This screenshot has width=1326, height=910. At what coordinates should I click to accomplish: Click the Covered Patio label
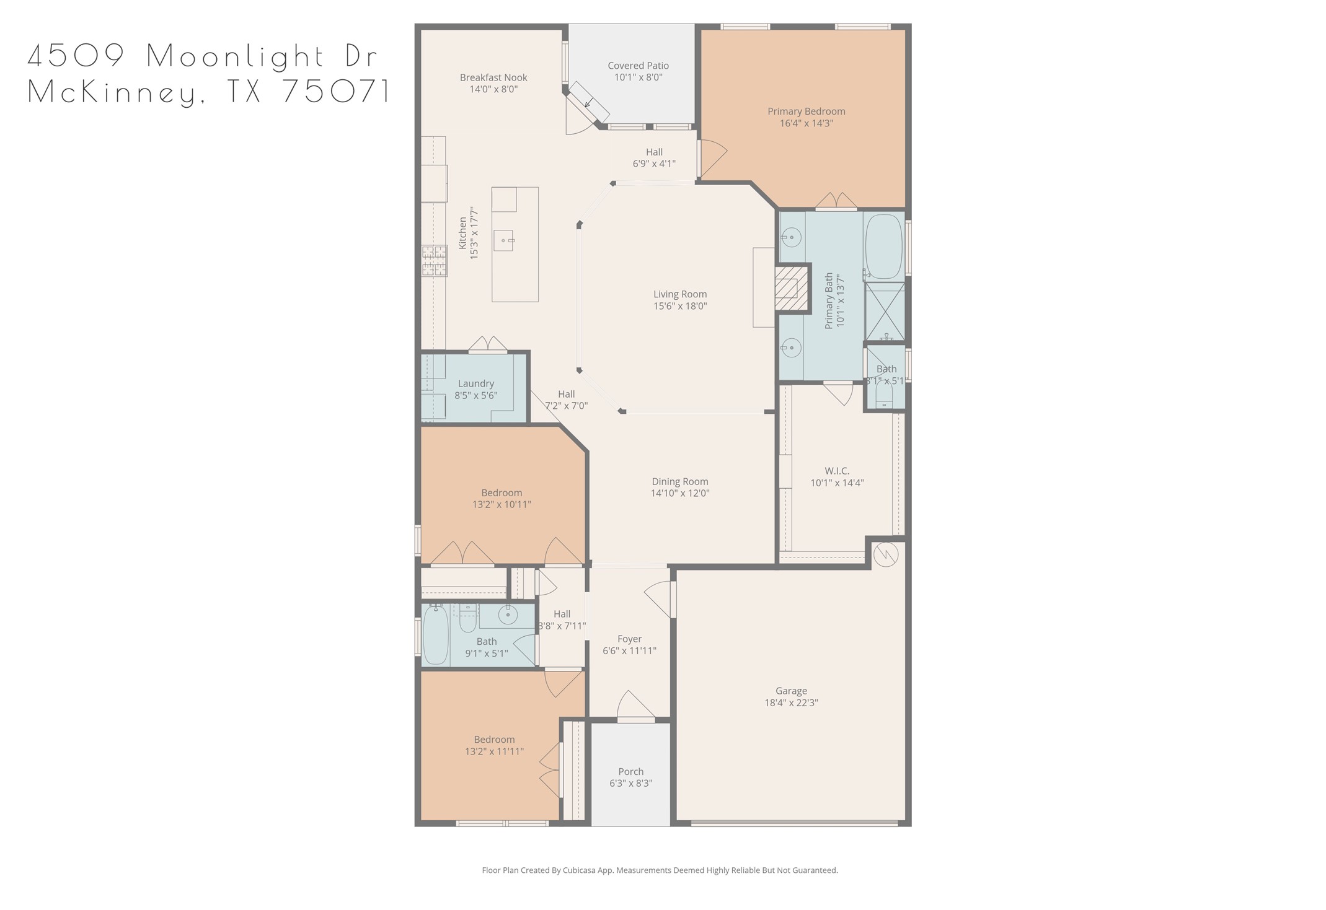(x=638, y=66)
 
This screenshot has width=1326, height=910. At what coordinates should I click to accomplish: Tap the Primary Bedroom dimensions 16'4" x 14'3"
(x=806, y=123)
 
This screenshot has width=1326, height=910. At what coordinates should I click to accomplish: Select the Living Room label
(x=679, y=294)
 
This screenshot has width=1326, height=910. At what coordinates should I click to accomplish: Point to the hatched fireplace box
(x=792, y=288)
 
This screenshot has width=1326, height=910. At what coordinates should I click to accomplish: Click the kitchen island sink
(x=503, y=240)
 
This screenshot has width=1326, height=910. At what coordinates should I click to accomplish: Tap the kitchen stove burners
(x=435, y=260)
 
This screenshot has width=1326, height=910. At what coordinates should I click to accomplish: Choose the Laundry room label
(x=475, y=383)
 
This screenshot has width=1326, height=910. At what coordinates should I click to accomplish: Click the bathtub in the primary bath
(x=883, y=246)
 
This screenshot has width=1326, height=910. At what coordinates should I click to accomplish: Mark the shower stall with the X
(x=885, y=312)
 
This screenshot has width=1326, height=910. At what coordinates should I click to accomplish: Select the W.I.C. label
(x=837, y=471)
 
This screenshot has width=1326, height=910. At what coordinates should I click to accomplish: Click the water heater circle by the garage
(x=885, y=554)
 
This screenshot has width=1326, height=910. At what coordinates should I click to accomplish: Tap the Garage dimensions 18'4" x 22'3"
(x=791, y=702)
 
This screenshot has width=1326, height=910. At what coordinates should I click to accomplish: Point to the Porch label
(x=630, y=771)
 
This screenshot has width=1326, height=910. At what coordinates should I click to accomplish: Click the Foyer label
(x=629, y=639)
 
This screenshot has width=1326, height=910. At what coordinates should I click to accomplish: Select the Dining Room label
(x=679, y=481)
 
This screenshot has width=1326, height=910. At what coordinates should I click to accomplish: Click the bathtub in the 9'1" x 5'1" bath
(x=436, y=636)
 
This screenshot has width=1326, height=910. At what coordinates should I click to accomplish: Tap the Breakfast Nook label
(x=493, y=77)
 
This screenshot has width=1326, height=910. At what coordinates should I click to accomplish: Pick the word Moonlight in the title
(x=236, y=56)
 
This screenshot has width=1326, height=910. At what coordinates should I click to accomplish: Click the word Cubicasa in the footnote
(x=577, y=870)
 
